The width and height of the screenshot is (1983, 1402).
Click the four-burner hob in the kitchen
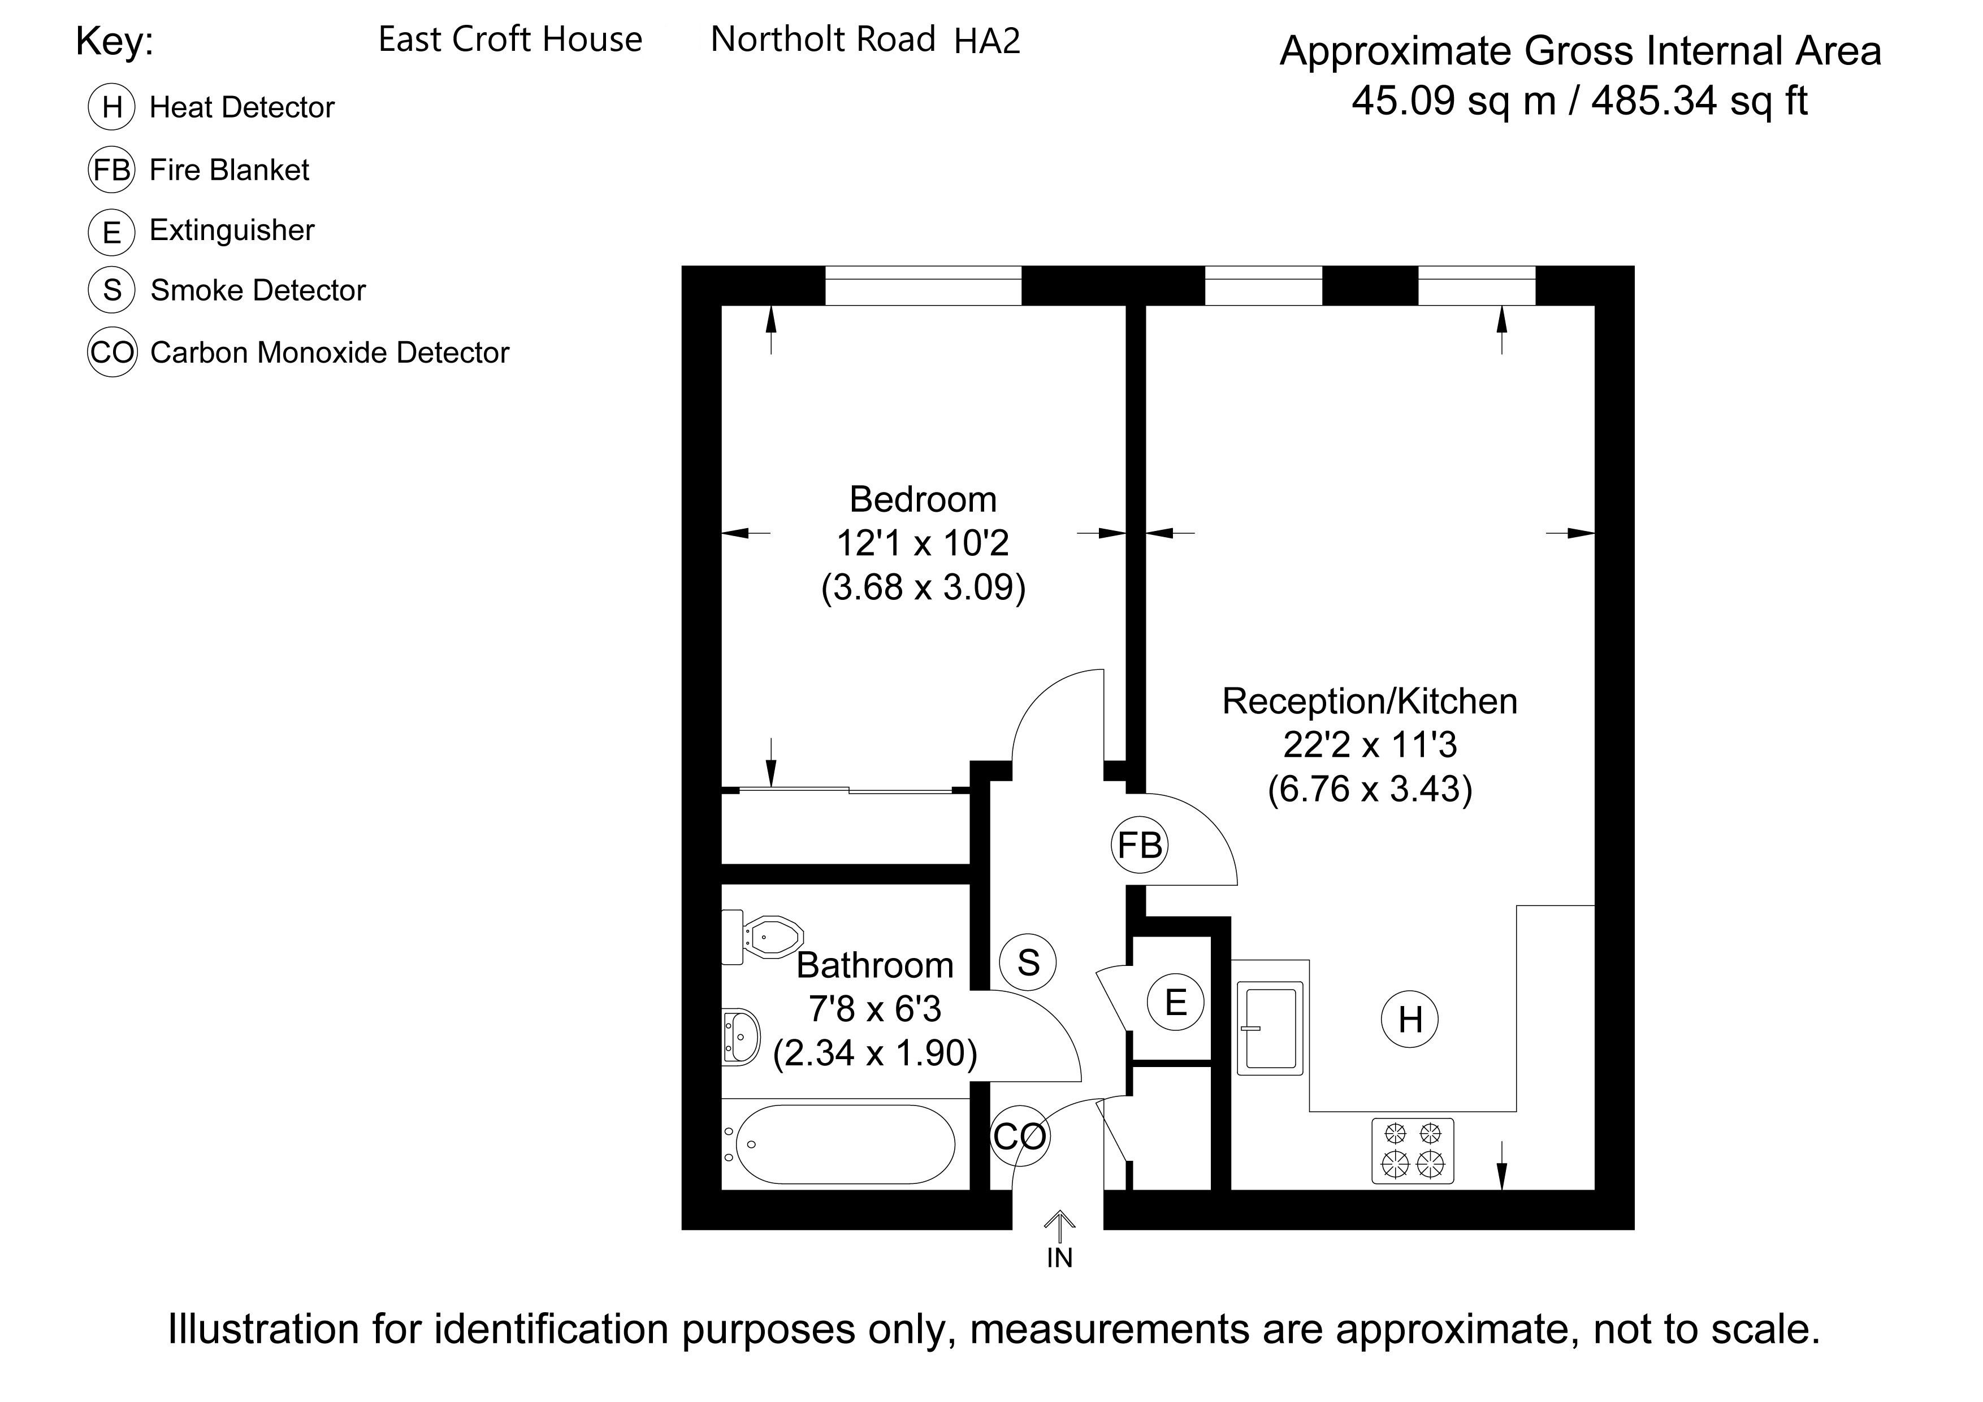pos(1413,1151)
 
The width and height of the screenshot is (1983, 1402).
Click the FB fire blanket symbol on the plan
pos(1139,845)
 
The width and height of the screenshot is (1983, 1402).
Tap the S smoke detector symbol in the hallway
pos(1028,962)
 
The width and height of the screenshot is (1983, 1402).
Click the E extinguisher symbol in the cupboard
pos(1175,1002)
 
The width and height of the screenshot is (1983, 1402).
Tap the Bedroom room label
pos(923,499)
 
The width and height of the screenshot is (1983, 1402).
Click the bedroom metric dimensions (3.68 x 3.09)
pos(923,587)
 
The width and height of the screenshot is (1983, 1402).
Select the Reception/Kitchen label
pos(1370,701)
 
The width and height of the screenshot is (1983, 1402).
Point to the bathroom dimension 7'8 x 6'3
pos(875,1008)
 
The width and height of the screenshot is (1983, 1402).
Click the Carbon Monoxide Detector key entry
pos(330,352)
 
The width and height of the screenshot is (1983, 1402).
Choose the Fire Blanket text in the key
pos(229,170)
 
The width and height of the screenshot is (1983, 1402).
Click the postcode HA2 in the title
pos(987,41)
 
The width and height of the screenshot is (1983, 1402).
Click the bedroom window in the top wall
pos(923,286)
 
